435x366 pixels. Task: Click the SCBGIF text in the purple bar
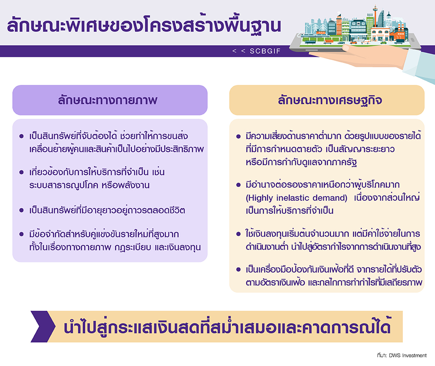pos(265,51)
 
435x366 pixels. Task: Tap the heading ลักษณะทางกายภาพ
pos(107,100)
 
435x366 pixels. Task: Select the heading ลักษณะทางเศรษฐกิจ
pos(330,100)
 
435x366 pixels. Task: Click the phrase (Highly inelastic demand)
pos(296,198)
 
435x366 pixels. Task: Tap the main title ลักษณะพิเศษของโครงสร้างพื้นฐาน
pos(144,26)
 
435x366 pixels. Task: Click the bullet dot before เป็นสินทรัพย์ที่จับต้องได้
pos(21,136)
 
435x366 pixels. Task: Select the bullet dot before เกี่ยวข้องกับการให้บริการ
pos(21,172)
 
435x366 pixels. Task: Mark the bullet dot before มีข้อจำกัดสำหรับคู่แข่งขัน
pos(21,234)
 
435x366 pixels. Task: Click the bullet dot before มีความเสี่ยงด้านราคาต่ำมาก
pos(238,136)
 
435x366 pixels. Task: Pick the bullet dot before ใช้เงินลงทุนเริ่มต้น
pos(238,234)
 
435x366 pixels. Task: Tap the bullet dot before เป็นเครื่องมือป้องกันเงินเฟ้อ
pos(238,269)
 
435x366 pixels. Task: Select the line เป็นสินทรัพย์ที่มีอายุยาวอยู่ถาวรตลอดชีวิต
pos(107,210)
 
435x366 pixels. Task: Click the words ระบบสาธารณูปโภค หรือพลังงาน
pos(89,185)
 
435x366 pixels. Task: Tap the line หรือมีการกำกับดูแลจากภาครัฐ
pos(301,162)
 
